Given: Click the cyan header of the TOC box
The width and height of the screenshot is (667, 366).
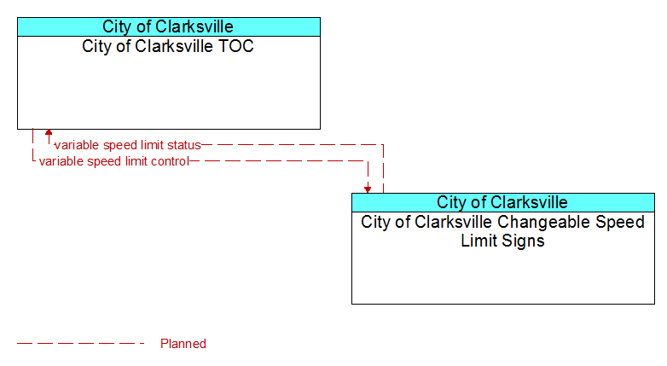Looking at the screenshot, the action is tap(169, 26).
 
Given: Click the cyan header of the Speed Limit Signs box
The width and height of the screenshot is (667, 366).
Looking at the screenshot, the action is tap(503, 202).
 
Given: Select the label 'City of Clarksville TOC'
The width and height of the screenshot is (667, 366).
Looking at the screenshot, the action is tap(168, 46).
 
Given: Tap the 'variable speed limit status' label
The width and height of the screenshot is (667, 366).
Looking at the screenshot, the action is tap(128, 145).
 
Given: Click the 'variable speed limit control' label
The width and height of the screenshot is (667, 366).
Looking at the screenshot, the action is tap(114, 161).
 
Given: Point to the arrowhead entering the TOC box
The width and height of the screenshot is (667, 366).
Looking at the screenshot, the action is tap(49, 132).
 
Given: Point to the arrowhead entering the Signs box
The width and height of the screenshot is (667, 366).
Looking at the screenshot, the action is tap(368, 189).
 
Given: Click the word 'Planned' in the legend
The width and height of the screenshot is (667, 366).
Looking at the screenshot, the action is tap(183, 344).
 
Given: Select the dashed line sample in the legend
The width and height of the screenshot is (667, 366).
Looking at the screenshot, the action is tap(81, 344).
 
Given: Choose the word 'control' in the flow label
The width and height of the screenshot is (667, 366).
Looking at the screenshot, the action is tap(171, 161).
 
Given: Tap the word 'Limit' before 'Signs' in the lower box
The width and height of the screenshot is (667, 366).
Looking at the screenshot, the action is tap(480, 241).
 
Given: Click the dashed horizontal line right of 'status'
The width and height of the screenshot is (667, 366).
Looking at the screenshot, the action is tap(293, 145).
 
